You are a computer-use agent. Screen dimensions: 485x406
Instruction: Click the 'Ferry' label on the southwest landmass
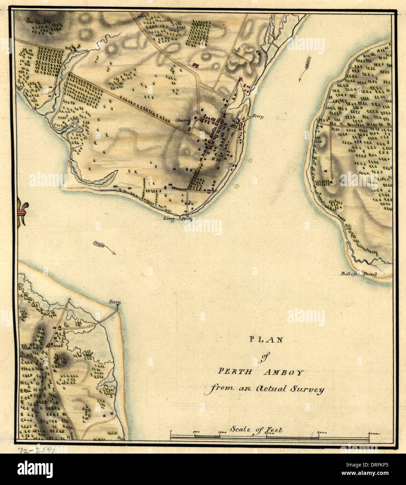114,301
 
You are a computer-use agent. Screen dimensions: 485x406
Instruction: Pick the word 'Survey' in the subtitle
308,389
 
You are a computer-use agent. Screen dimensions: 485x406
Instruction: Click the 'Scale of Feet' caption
256,430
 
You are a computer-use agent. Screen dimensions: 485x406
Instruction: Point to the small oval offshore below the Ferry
250,160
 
